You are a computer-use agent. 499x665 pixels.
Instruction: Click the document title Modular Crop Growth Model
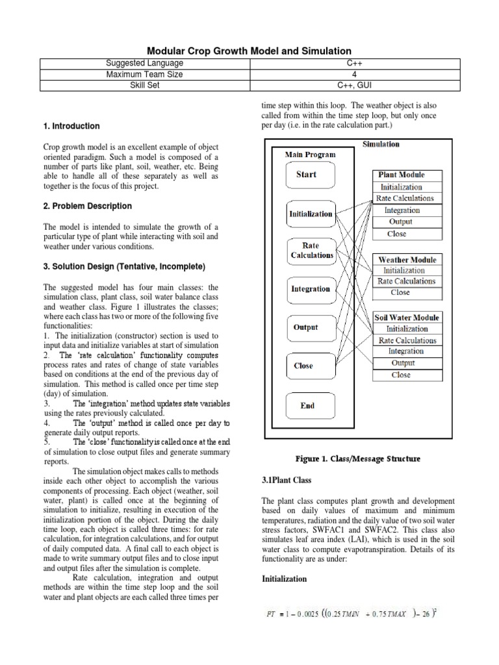(x=249, y=51)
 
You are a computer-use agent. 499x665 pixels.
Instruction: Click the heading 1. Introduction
(x=71, y=126)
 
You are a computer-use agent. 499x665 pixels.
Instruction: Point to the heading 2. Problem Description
(x=87, y=206)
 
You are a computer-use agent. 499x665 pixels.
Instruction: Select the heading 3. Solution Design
(x=124, y=267)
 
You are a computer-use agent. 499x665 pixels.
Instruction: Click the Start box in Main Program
(x=307, y=175)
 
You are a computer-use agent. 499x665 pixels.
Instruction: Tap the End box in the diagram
(x=307, y=406)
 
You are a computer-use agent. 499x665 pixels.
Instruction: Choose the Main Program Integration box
(x=311, y=289)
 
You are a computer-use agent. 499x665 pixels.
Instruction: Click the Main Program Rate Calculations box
(x=312, y=251)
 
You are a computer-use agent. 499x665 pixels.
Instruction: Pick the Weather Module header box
(x=407, y=260)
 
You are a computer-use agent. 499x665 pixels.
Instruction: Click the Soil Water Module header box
(x=407, y=318)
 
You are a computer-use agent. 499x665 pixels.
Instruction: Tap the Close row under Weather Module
(x=400, y=292)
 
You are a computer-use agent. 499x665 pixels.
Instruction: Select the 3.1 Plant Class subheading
(x=287, y=481)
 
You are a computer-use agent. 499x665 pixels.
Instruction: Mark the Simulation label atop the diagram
(x=381, y=144)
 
